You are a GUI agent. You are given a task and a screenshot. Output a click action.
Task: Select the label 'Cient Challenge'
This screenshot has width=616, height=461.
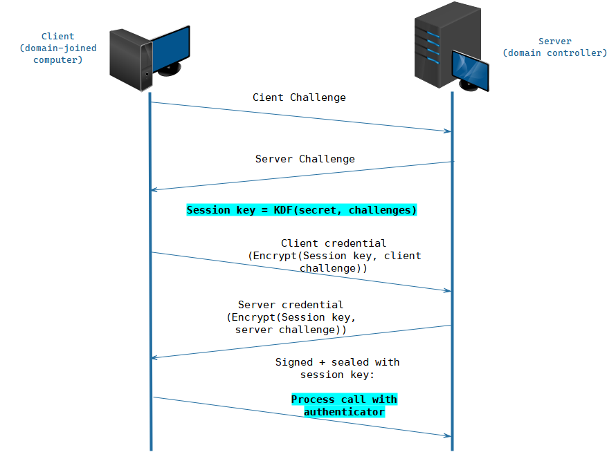(299, 97)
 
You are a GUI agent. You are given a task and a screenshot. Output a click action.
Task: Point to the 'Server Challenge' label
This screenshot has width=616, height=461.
(305, 159)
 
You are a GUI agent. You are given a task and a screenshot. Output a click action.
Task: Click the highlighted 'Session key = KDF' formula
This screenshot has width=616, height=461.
(302, 210)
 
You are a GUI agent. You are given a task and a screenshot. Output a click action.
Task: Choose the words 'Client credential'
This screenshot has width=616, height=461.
(334, 243)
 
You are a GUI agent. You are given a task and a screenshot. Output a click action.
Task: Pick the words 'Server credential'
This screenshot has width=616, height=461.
(290, 305)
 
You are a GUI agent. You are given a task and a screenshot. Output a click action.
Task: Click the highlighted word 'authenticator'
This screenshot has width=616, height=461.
(344, 412)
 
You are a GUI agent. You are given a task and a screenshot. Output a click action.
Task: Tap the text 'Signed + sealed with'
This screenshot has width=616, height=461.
(337, 362)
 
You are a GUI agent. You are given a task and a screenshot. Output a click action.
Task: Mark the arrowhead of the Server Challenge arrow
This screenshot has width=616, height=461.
(155, 190)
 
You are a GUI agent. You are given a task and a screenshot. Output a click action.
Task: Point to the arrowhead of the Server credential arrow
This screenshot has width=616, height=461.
(155, 357)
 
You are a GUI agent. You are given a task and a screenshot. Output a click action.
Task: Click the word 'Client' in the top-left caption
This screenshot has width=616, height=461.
(58, 37)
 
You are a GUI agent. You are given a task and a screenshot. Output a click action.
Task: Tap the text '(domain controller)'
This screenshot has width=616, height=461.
(554, 53)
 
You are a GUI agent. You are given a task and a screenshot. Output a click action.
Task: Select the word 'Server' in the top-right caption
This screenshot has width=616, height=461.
(555, 41)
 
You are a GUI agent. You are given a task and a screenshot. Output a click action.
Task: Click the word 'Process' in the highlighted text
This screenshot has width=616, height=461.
(313, 399)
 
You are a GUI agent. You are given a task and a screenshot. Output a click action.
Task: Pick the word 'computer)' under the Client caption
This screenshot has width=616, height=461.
(58, 60)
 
